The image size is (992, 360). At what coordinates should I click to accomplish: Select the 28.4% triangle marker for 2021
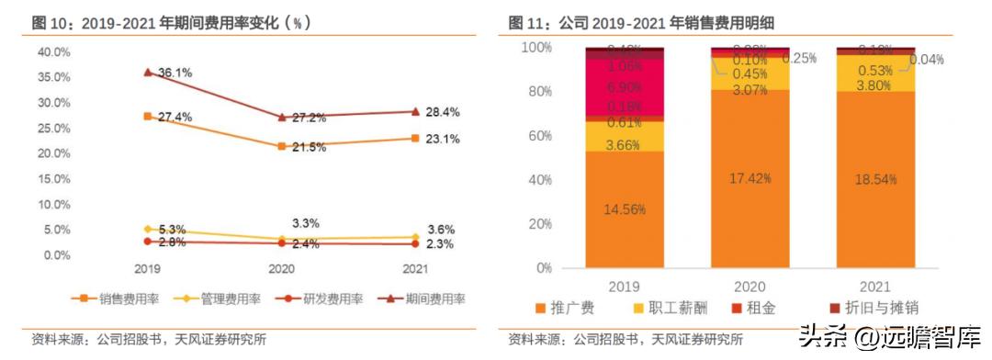(x=415, y=111)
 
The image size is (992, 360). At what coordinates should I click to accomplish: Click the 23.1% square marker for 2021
(x=415, y=138)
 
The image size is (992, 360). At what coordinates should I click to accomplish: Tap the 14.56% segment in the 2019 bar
(x=624, y=209)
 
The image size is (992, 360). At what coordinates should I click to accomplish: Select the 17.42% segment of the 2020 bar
(x=750, y=179)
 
